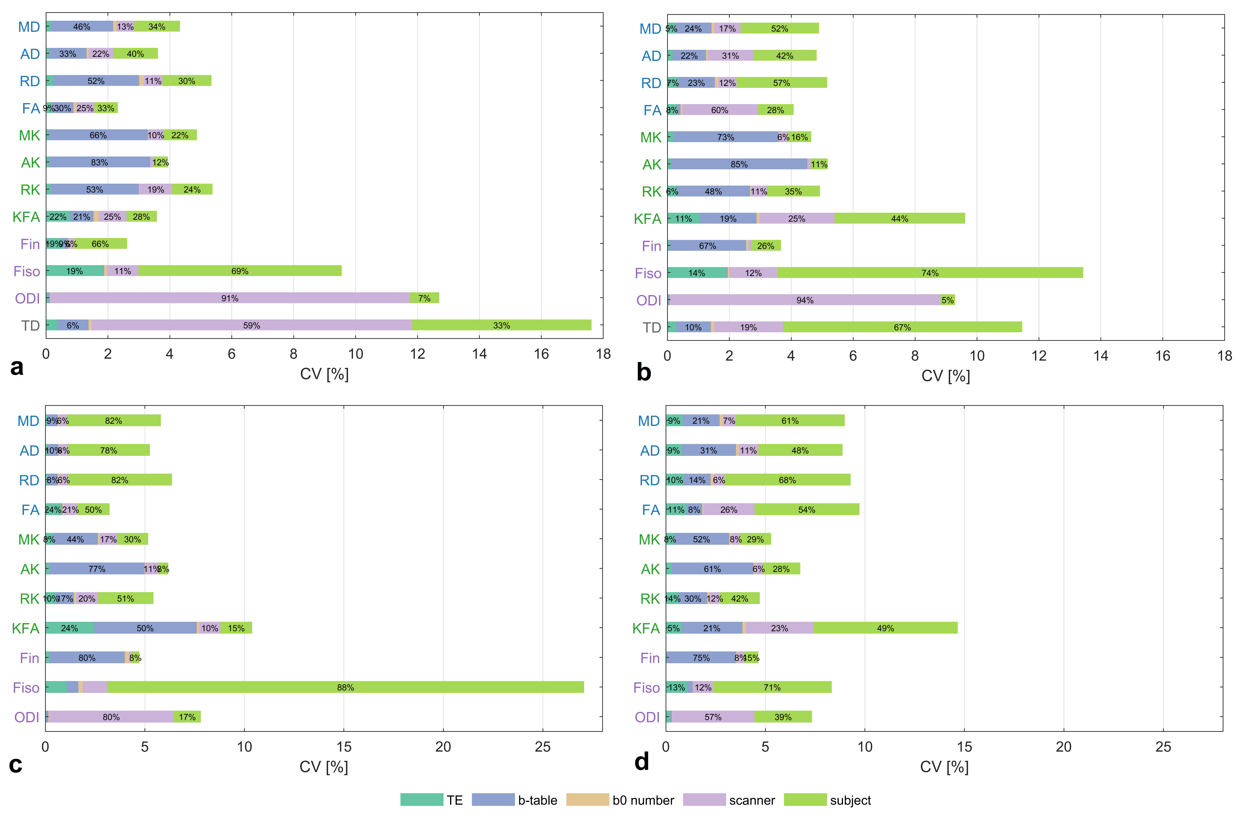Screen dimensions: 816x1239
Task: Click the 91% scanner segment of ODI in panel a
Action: point(230,298)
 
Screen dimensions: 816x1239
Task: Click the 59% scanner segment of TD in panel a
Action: point(251,325)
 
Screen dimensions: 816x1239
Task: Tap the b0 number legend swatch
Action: point(587,800)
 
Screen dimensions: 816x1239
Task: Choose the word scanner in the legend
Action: point(752,800)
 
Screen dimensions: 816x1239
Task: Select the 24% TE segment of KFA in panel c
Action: point(69,628)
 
